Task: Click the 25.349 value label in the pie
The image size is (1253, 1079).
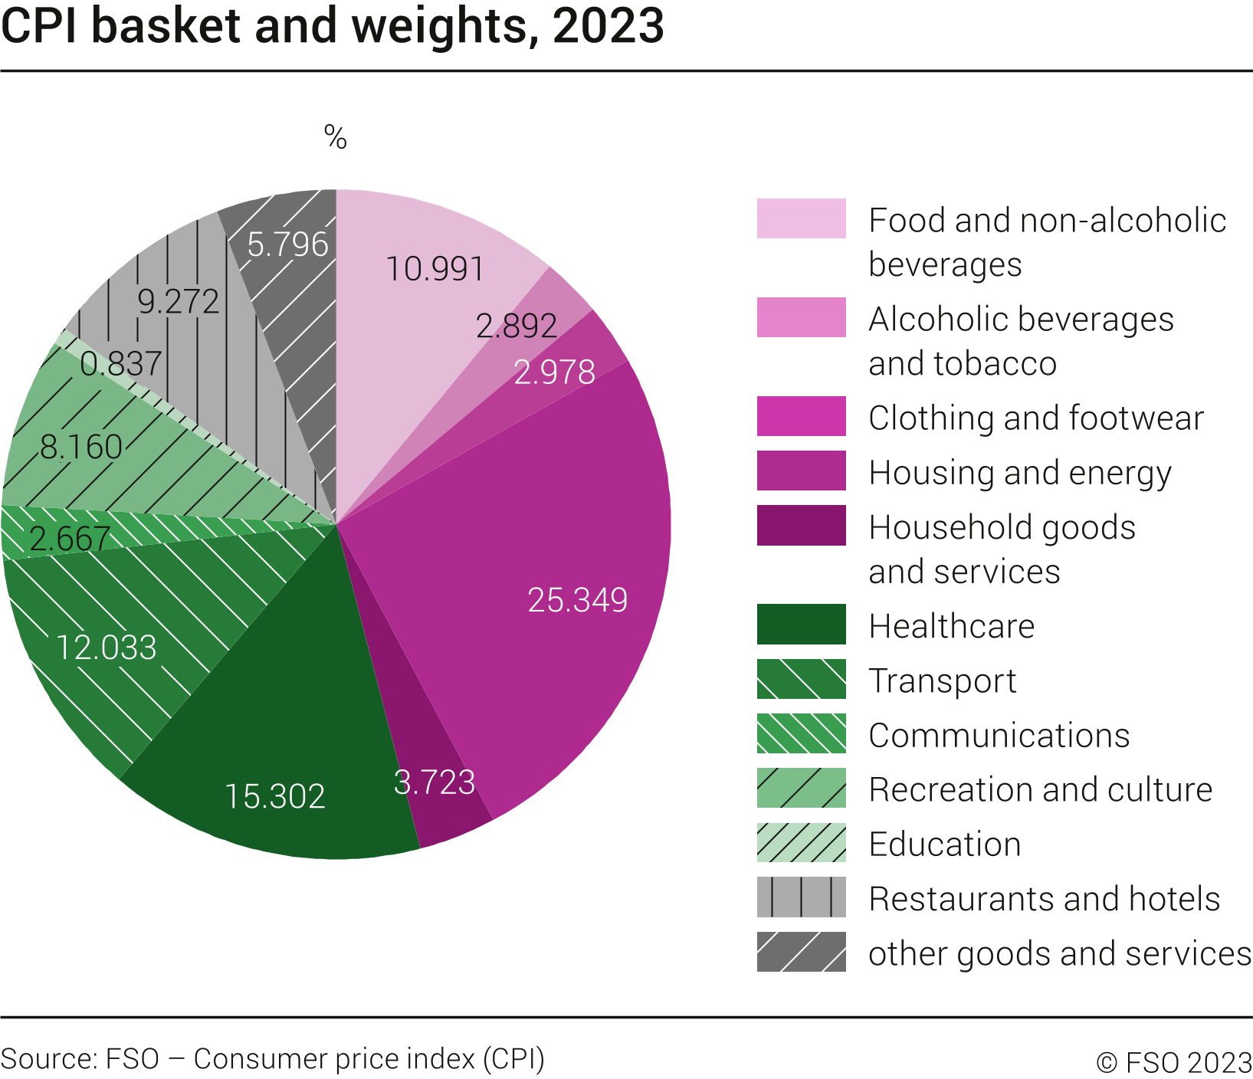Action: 577,600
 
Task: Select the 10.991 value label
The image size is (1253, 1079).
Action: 435,269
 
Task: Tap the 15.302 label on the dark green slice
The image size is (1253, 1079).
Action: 274,797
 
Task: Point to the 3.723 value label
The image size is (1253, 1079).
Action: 434,782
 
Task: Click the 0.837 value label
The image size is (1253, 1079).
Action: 120,364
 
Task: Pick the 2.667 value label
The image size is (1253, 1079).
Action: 70,539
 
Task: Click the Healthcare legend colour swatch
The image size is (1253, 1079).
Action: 801,625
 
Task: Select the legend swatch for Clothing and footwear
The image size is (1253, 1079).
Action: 801,416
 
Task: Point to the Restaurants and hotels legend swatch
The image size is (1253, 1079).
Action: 801,897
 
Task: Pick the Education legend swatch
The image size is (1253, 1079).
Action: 801,843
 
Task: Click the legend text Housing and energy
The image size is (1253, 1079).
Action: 1019,473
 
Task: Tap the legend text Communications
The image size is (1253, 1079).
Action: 999,736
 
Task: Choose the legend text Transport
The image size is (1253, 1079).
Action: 942,681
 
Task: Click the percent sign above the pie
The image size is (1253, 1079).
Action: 335,138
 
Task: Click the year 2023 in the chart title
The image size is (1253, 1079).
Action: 607,26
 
